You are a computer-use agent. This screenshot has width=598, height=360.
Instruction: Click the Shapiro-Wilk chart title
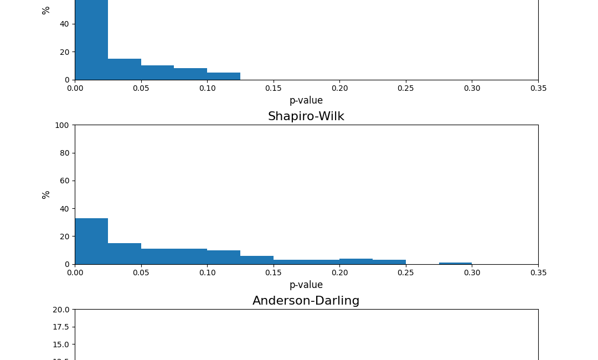tap(306, 116)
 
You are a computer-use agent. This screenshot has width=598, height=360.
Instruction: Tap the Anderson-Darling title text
tap(306, 301)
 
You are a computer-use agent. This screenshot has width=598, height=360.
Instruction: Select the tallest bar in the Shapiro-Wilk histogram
tap(91, 241)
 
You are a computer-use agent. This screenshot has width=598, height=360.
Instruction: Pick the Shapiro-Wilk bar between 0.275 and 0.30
tap(455, 263)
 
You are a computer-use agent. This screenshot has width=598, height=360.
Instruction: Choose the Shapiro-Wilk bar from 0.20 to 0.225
tap(356, 261)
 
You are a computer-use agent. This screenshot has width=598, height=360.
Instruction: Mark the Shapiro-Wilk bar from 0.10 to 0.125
tap(224, 257)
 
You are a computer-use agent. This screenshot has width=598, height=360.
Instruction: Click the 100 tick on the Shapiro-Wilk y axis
tap(62, 125)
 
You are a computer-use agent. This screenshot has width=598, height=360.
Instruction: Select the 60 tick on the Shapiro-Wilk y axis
tap(64, 181)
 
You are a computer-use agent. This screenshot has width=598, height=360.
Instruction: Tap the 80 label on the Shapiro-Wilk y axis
tap(64, 153)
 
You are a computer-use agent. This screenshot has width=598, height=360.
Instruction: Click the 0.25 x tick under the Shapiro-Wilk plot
tap(406, 272)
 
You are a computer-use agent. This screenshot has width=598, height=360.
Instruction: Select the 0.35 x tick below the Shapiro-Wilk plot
tap(538, 272)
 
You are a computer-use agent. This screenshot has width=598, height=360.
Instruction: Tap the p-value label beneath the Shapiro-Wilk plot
tap(306, 285)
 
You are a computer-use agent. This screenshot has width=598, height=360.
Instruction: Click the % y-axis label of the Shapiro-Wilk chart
tap(46, 194)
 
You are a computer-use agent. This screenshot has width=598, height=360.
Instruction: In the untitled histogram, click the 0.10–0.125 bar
tap(224, 76)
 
